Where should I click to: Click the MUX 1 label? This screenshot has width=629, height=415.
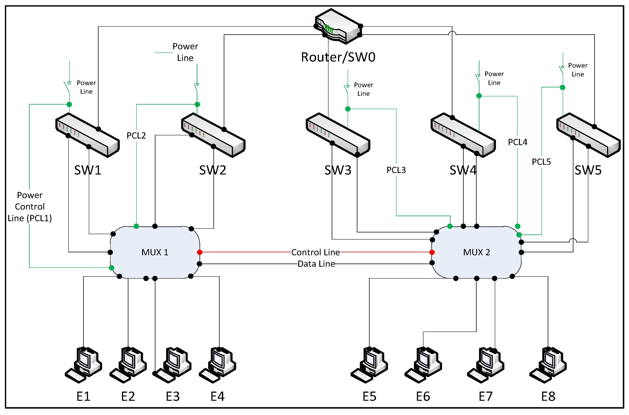(155, 252)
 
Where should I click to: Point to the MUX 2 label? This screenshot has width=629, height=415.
(476, 252)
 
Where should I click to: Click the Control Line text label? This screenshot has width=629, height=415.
(315, 252)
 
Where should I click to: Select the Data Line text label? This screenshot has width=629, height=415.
(316, 264)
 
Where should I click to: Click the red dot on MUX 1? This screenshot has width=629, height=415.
(200, 252)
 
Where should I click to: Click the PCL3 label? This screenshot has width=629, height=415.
(396, 170)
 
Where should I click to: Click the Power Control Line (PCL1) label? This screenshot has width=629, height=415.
(30, 206)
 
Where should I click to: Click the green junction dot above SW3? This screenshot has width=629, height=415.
(348, 109)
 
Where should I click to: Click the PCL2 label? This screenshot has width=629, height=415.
(136, 136)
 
